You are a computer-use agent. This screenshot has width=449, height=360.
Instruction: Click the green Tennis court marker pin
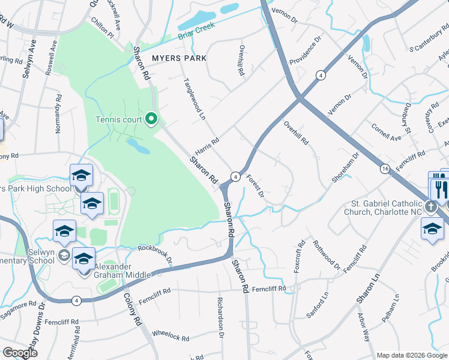pos(151,119)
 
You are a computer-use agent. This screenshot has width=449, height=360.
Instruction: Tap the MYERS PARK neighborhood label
pos(179,58)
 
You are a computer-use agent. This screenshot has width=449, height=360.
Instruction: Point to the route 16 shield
pos(384,170)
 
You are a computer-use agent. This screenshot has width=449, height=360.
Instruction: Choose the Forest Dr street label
pos(255,186)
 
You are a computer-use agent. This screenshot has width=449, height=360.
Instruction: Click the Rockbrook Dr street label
pos(155,254)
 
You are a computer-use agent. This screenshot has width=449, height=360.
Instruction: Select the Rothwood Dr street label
pos(326,254)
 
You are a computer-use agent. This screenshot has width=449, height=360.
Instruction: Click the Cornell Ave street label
pos(386,133)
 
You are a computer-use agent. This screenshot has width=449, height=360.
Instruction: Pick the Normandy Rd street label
pos(59,113)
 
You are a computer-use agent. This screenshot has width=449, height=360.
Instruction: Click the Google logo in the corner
pos(20,353)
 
